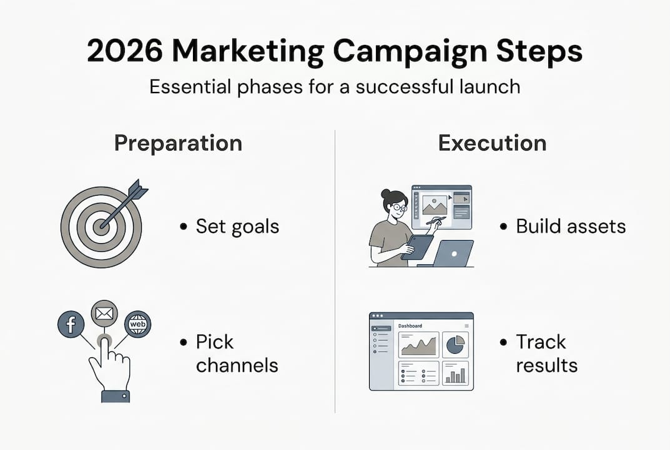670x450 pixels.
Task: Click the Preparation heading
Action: (x=178, y=143)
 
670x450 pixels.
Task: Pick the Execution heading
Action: (x=492, y=143)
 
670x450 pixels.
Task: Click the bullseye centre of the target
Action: (x=101, y=226)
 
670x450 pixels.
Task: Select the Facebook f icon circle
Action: (x=71, y=324)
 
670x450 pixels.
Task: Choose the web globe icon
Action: (x=138, y=325)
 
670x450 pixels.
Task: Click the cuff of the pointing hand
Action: (x=115, y=396)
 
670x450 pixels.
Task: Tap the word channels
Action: (x=237, y=364)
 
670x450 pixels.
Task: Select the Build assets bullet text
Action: (x=571, y=226)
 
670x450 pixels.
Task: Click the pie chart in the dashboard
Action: (x=455, y=344)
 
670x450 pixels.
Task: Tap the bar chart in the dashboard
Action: (x=455, y=373)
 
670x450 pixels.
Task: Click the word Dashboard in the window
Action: (x=410, y=326)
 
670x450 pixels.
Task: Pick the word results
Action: (x=546, y=364)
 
